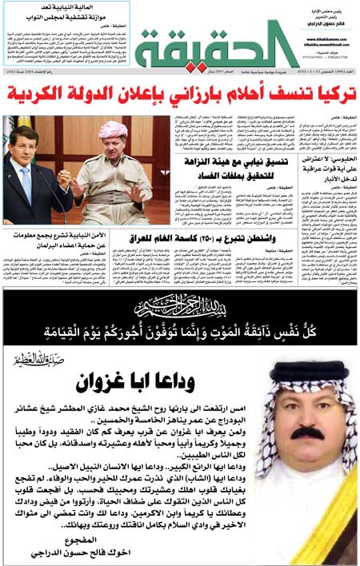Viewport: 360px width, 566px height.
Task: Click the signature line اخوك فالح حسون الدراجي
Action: point(128,551)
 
